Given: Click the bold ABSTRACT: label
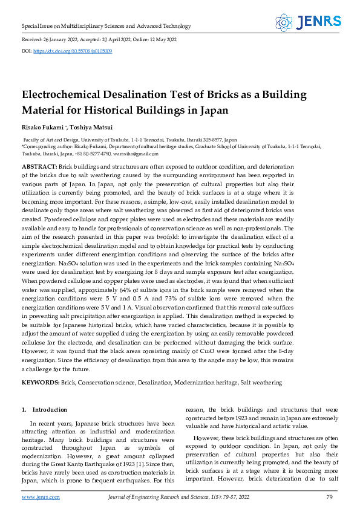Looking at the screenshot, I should click(39, 166).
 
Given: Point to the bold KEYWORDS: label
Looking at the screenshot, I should click(41, 383).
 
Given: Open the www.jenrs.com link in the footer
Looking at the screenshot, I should click(41, 497).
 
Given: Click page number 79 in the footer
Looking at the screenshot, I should click(330, 497).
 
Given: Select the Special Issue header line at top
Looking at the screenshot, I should click(106, 26).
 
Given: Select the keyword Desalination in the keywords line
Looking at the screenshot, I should click(155, 383).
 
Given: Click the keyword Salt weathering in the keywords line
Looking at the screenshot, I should click(262, 383).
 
